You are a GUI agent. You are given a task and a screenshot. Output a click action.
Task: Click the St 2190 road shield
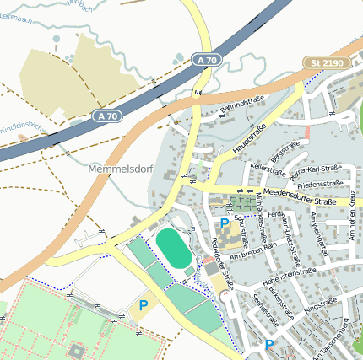[x=326, y=64]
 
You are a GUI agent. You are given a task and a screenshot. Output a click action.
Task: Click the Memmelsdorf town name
[x=120, y=169]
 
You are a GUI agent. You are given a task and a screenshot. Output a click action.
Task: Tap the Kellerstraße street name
[x=264, y=170]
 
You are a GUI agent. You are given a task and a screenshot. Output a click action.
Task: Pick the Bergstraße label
[x=284, y=153]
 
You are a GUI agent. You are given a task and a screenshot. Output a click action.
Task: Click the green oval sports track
[x=174, y=249]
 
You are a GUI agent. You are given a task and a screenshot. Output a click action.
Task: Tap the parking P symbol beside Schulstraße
[x=225, y=223]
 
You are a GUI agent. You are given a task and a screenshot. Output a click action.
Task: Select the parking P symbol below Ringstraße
[x=268, y=345]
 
